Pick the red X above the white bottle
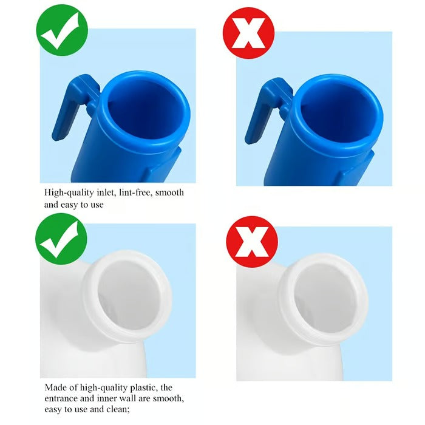[x=251, y=242]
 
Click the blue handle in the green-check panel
[x=72, y=109]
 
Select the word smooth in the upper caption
[x=170, y=192]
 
